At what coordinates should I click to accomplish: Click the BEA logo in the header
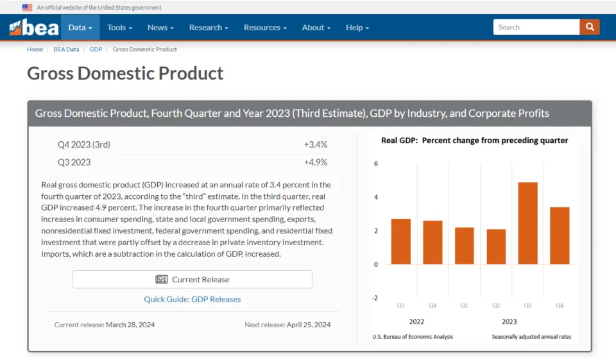(34, 28)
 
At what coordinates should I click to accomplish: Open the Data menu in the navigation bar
(80, 28)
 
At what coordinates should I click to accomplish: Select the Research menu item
(209, 28)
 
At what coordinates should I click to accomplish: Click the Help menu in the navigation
(357, 28)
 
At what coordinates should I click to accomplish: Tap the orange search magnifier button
(590, 27)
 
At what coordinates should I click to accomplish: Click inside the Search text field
(536, 27)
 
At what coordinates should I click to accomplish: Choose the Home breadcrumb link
(35, 49)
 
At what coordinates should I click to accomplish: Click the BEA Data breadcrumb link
(66, 49)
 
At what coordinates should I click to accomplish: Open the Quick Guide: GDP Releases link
(193, 299)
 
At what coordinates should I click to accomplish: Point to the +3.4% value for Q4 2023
(316, 145)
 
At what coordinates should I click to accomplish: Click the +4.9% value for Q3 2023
(316, 162)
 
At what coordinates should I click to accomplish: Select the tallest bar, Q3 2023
(527, 223)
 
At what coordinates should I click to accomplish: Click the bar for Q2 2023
(496, 246)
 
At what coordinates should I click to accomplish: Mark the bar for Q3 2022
(401, 241)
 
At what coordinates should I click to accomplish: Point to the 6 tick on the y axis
(376, 164)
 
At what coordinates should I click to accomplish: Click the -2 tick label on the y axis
(375, 298)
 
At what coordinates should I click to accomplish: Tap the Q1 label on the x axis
(465, 305)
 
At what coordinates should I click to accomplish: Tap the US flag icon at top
(27, 8)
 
